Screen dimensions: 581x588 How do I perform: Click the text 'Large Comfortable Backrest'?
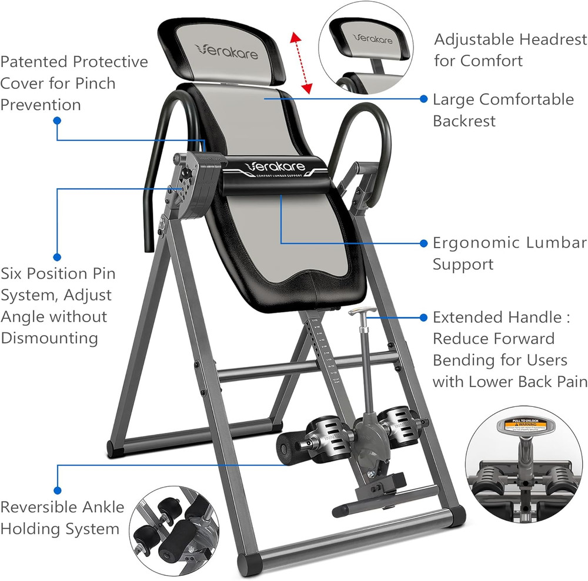[x=503, y=110]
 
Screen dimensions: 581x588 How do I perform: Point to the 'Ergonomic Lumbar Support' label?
[x=509, y=253]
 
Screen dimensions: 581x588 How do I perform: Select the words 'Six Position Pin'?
[x=58, y=273]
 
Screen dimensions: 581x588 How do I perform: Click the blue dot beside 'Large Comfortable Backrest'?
[x=423, y=99]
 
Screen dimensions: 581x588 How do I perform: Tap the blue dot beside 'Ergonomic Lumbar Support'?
[x=423, y=243]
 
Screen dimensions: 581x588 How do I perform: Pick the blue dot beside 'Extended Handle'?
[x=423, y=318]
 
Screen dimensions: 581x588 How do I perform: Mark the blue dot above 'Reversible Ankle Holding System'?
[x=57, y=489]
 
